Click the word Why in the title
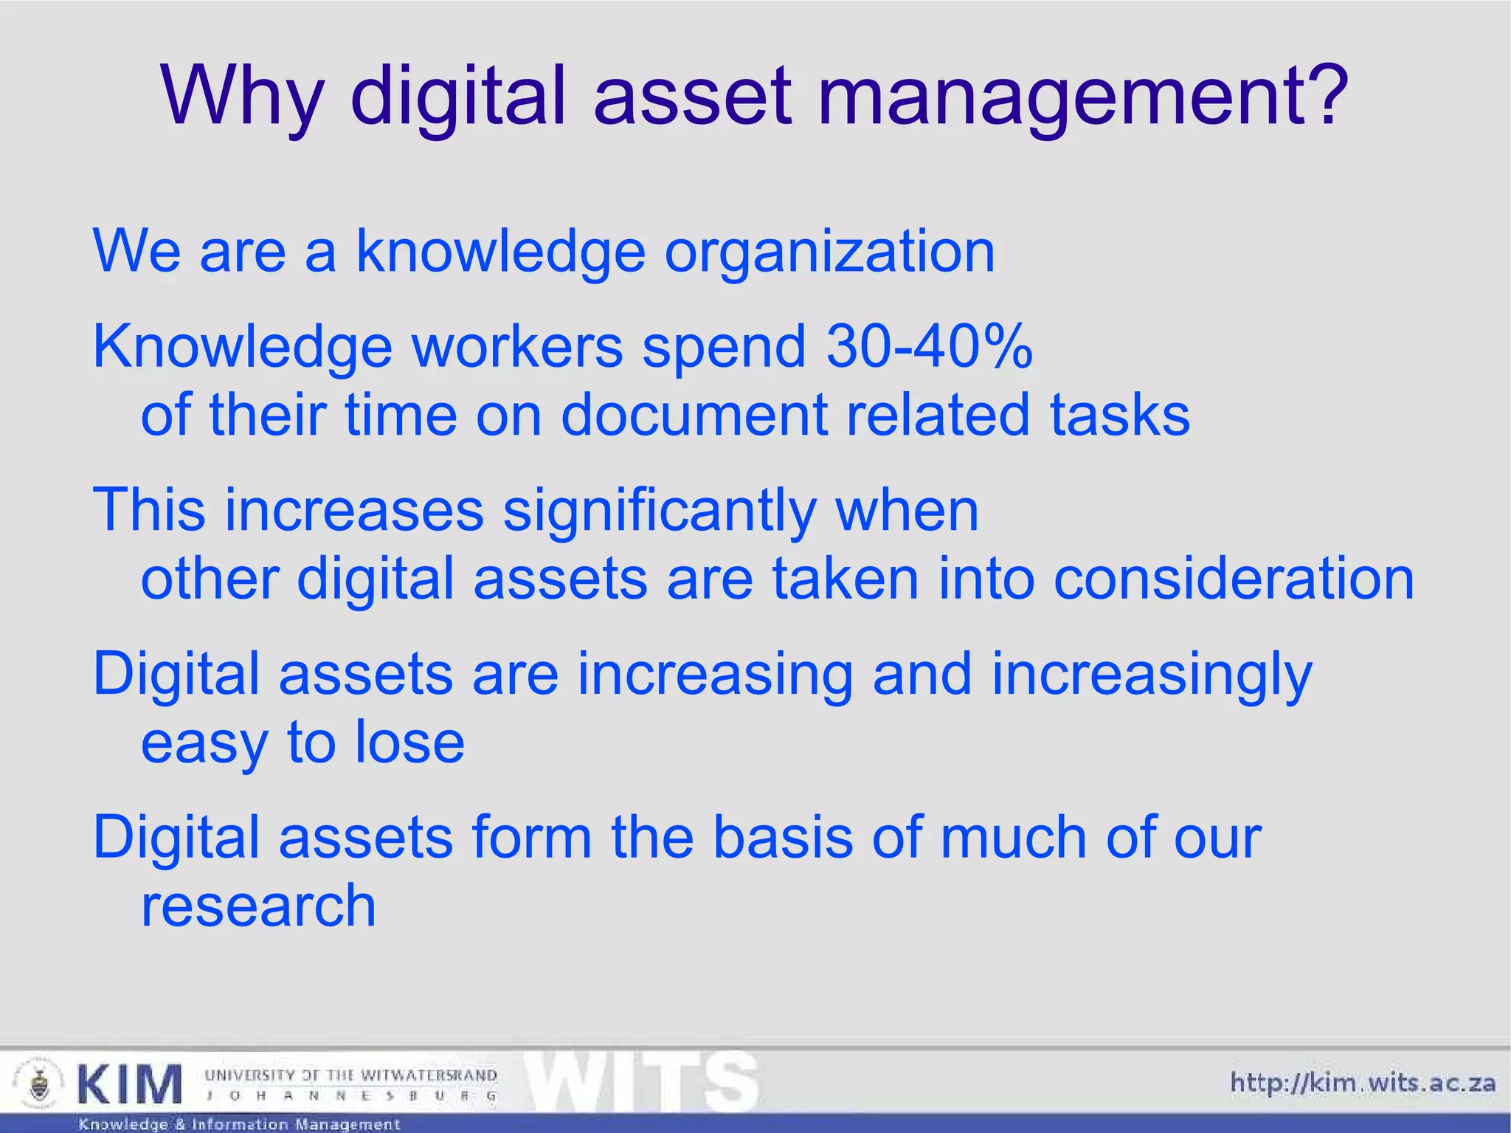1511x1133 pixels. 242,96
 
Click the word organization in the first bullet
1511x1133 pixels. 829,252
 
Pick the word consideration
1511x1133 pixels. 1234,579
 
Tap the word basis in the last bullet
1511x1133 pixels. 783,838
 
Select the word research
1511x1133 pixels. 258,906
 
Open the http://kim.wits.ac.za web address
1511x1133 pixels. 1362,1084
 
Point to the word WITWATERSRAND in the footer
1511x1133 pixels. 429,1075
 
